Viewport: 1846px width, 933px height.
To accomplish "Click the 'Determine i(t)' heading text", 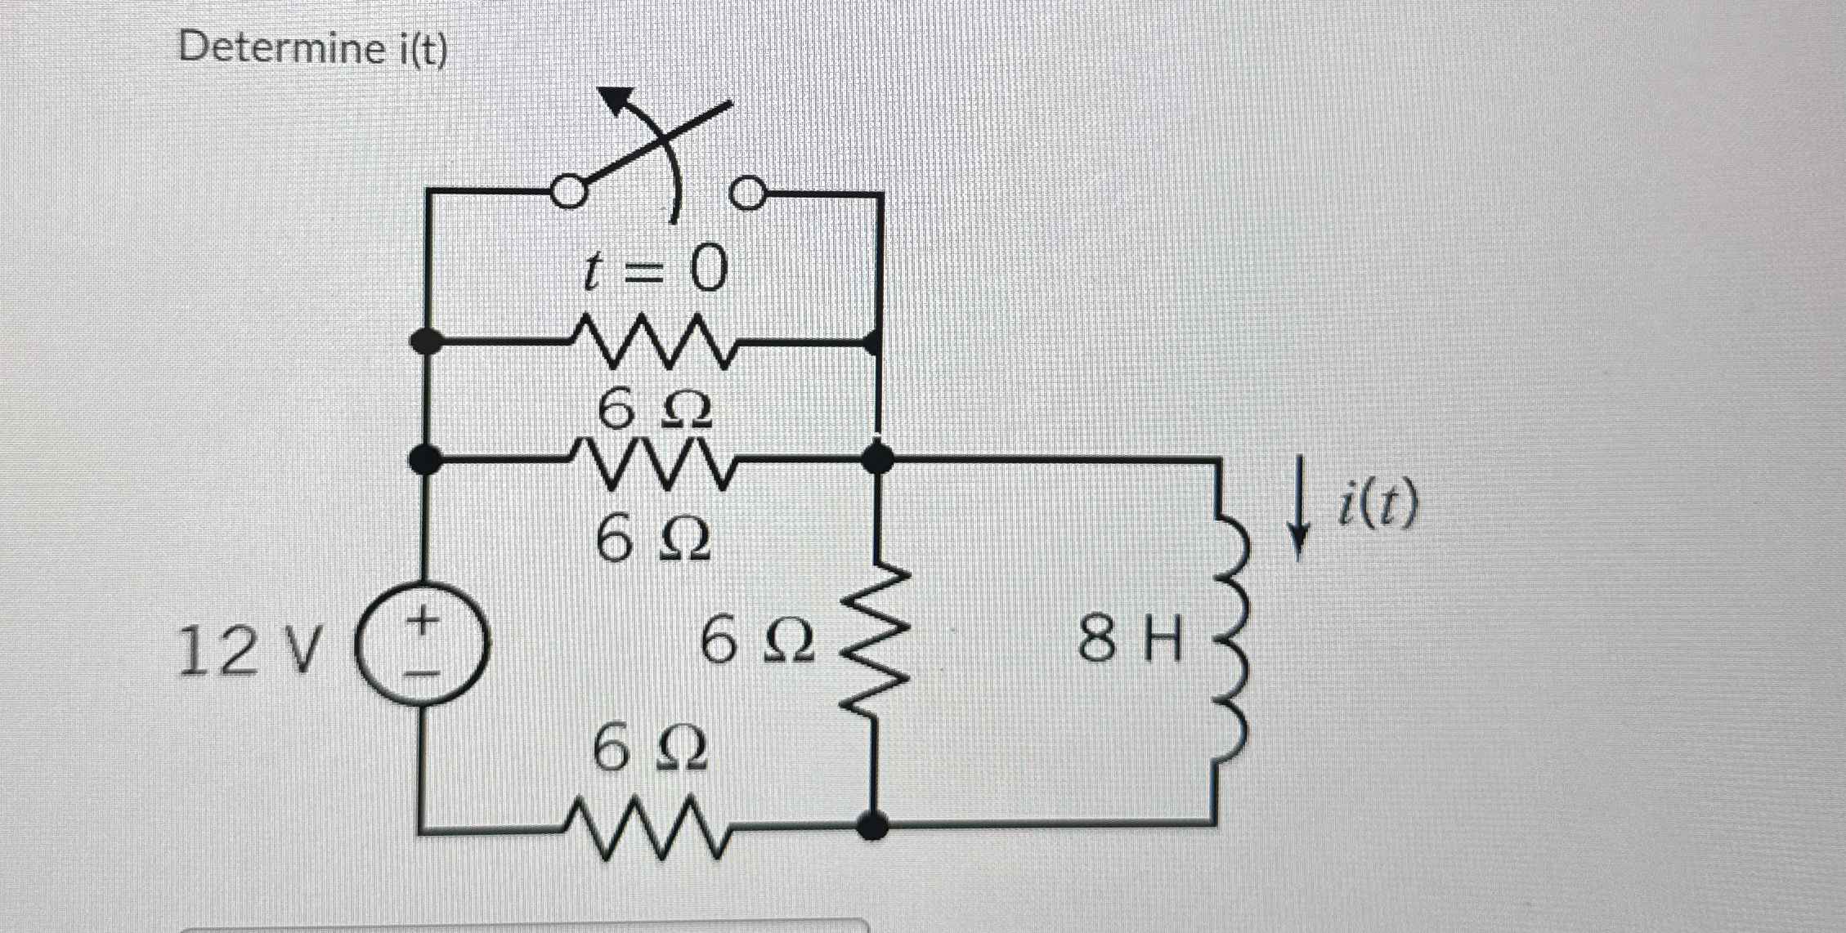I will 313,49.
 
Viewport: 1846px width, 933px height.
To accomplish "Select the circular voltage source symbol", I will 423,643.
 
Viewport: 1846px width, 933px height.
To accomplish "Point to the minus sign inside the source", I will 423,673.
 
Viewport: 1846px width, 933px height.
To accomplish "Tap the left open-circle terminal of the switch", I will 569,193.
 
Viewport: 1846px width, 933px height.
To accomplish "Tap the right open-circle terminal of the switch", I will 747,194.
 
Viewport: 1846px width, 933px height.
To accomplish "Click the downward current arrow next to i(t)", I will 1298,511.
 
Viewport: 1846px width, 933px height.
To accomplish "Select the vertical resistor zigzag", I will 877,641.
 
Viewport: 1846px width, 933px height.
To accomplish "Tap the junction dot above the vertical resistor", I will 877,459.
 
